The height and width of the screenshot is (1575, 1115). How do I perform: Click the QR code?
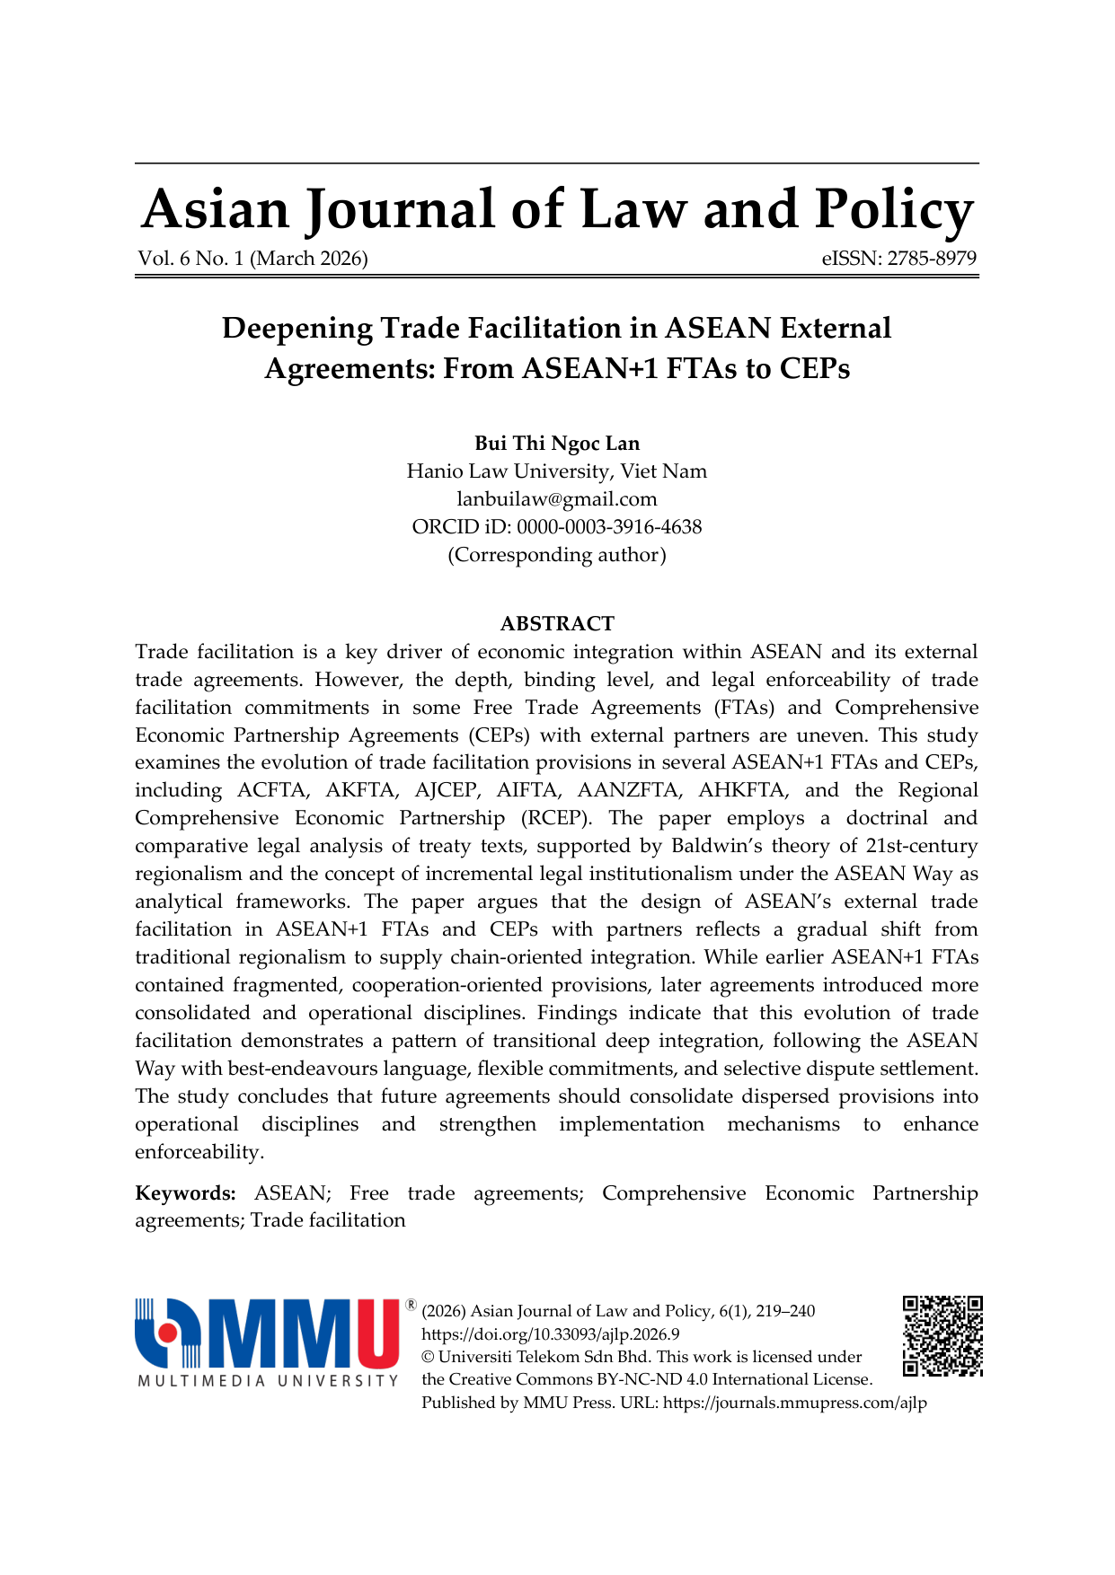(942, 1335)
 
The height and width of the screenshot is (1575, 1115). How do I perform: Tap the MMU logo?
(268, 1334)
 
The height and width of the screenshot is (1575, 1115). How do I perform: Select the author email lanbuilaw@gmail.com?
(557, 499)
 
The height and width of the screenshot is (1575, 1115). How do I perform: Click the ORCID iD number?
(608, 527)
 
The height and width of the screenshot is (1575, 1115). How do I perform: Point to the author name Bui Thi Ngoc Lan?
(557, 444)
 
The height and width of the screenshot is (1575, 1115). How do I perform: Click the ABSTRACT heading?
(557, 624)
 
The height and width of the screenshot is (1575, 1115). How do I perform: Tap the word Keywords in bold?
(185, 1193)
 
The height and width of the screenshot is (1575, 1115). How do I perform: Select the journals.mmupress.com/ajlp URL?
(794, 1403)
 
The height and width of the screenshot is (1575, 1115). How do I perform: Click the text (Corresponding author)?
(557, 555)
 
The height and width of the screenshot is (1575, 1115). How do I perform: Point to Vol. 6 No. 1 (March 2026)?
(252, 259)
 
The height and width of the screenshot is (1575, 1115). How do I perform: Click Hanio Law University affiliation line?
(557, 471)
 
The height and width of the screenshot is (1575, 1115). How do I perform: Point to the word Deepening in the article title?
(296, 329)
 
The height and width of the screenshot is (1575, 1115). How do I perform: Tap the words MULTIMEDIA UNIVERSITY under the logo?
(268, 1380)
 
